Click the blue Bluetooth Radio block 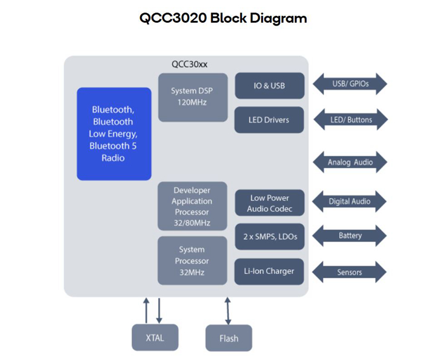[x=114, y=134]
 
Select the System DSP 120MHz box [x=193, y=97]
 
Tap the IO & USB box [x=269, y=86]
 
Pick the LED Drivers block [x=269, y=120]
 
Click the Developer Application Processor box [x=192, y=206]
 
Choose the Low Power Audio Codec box [x=269, y=203]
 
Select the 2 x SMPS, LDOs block [x=269, y=237]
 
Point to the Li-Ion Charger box [x=269, y=271]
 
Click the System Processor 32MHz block [x=192, y=261]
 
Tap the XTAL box [x=155, y=338]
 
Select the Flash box [x=229, y=338]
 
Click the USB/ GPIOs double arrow [x=350, y=84]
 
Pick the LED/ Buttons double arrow [x=350, y=120]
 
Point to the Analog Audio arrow [x=350, y=162]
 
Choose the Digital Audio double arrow [x=350, y=201]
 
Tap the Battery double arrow [x=350, y=236]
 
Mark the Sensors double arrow [x=350, y=273]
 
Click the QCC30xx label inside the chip [x=186, y=64]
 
